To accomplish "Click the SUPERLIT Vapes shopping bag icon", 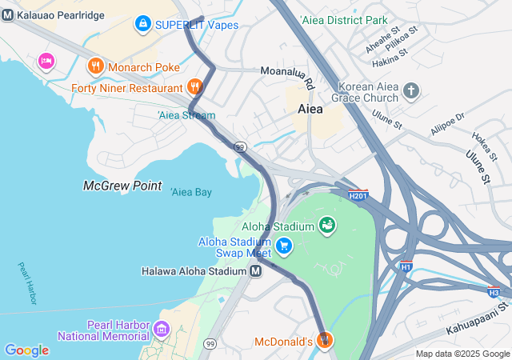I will point(143,24).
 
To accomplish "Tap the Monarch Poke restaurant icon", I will point(95,66).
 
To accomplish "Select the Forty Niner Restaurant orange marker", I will point(194,86).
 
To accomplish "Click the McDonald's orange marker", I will point(325,341).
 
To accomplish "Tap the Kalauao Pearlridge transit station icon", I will point(7,16).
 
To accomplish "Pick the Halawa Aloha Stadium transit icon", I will point(255,271).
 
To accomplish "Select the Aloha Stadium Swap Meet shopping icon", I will point(284,246).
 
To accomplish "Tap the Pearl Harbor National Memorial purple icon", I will point(162,329).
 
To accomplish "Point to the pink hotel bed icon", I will point(46,61).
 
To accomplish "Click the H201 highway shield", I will point(358,194).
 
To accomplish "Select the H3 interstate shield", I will point(494,292).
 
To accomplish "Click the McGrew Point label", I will point(116,186).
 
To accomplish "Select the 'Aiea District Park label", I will point(342,19).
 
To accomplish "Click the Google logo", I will point(26,350).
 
